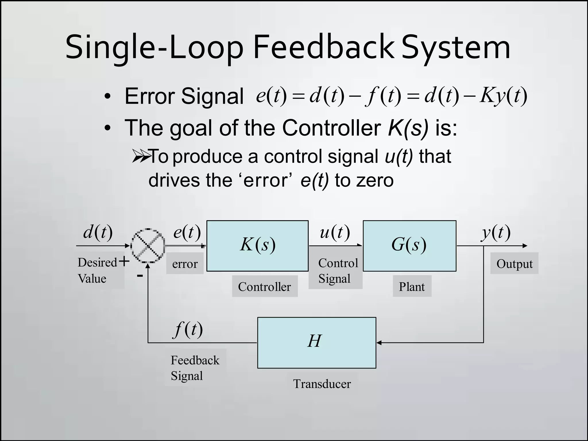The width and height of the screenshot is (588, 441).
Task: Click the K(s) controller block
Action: pos(258,246)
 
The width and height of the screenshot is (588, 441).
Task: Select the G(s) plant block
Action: pos(409,246)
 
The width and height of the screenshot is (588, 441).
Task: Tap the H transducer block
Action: pos(317,343)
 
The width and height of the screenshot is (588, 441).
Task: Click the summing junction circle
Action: pos(148,246)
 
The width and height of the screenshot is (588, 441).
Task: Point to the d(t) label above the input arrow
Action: pos(98,232)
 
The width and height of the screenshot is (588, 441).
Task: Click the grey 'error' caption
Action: pos(185,264)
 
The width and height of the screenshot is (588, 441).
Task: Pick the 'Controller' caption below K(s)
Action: pos(264,287)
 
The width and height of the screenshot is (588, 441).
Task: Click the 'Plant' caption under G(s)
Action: pos(412,287)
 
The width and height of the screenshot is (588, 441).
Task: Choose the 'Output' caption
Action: pos(514,264)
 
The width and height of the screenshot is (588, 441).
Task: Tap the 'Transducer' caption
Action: pos(322,384)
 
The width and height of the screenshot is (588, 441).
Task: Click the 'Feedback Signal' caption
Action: pos(195,368)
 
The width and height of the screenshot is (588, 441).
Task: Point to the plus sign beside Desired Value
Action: pos(124,261)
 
